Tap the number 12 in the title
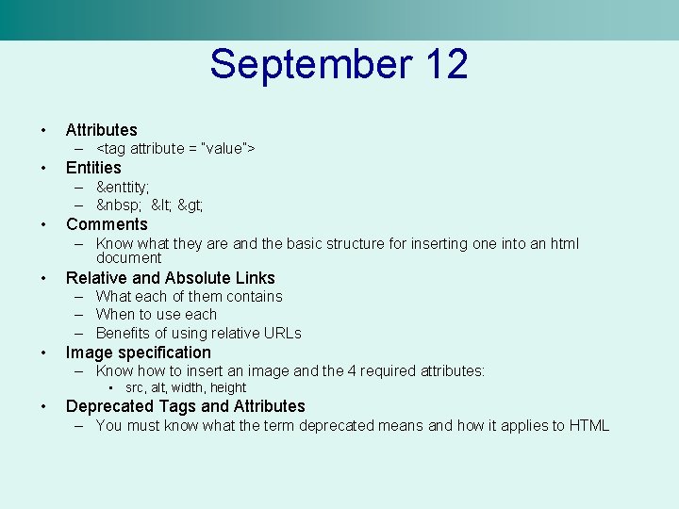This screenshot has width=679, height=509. (446, 65)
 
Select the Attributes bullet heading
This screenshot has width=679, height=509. (101, 130)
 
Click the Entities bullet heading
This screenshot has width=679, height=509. (93, 168)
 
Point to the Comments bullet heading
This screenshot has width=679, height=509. (107, 224)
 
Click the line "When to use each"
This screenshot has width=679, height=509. (157, 315)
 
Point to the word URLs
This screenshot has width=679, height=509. (282, 333)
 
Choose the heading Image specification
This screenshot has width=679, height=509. (138, 353)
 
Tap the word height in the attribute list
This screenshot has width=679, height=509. (228, 387)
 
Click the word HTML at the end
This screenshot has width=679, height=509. (589, 426)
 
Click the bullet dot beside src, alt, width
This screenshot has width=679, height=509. (110, 387)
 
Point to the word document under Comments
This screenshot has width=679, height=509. (129, 257)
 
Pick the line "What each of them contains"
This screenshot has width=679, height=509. (189, 296)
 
